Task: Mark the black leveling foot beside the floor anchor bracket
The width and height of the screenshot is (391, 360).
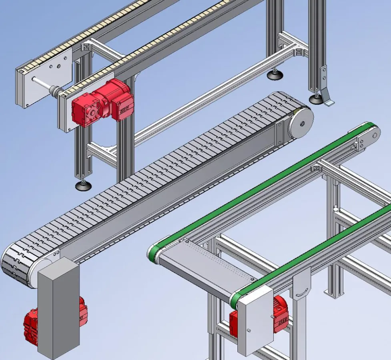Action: [x=316, y=99]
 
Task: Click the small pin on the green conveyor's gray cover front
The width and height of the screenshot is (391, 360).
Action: [x=249, y=330]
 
